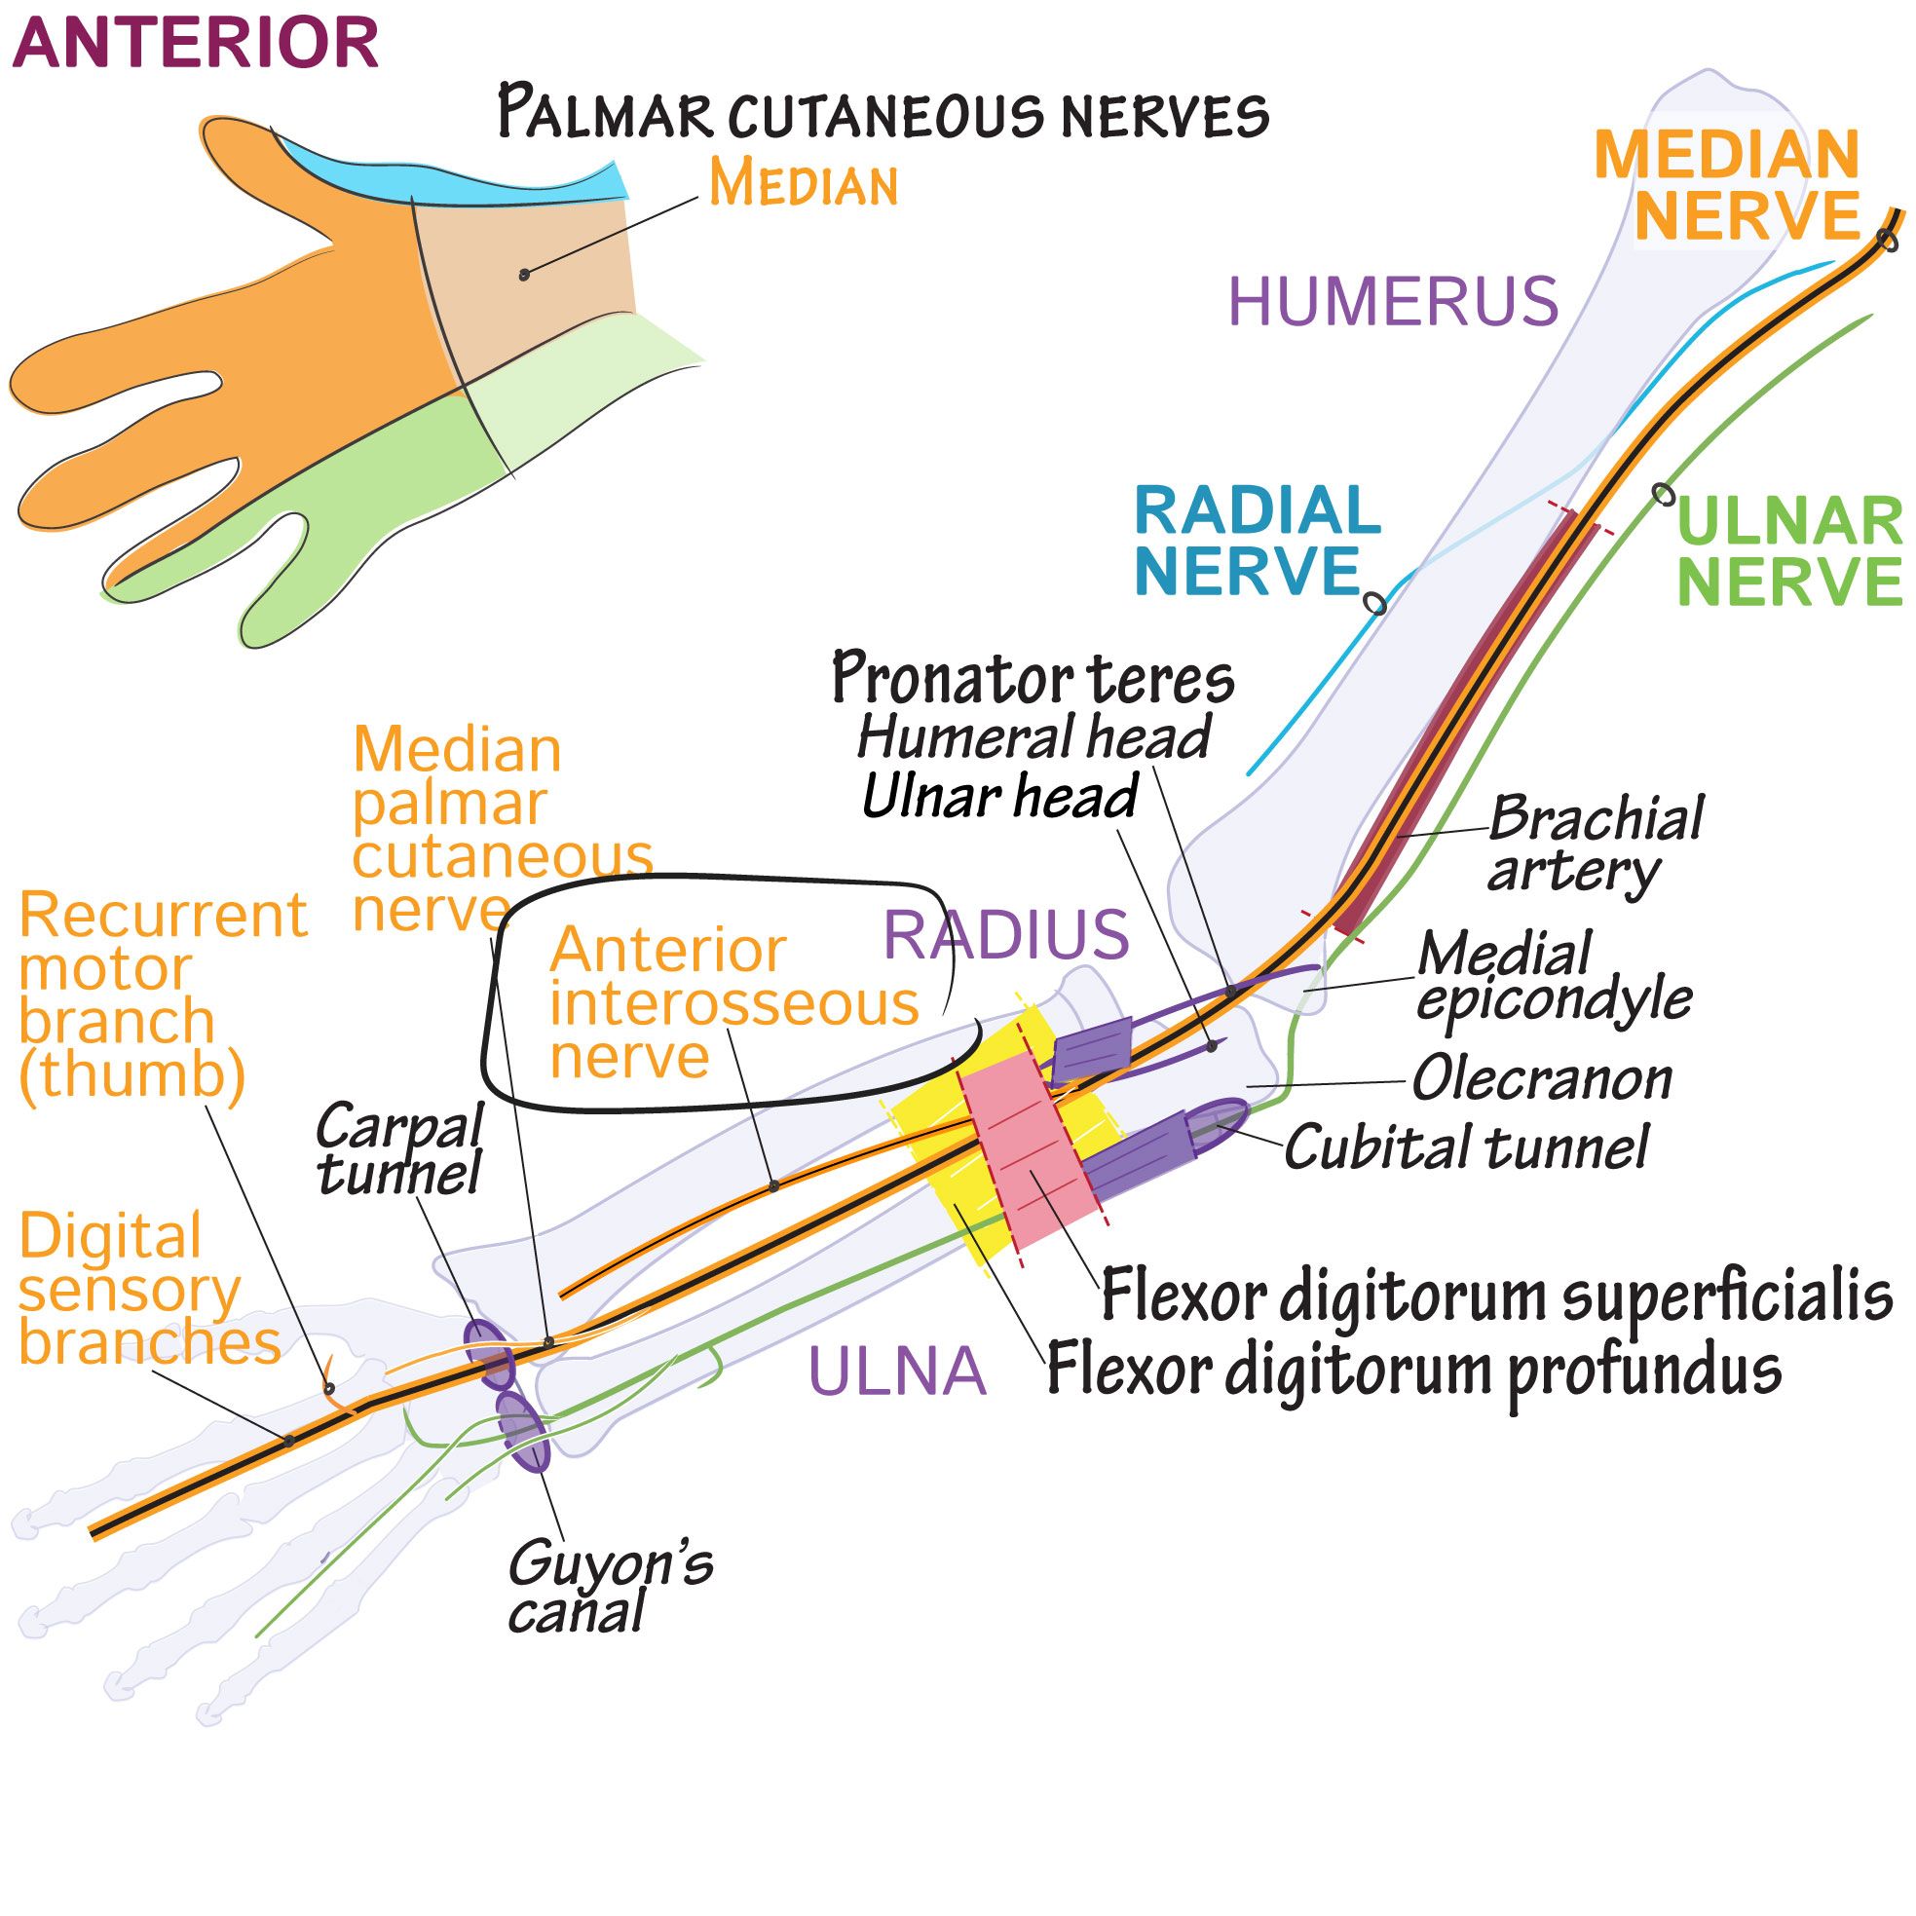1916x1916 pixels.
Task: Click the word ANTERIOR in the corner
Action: pos(196,44)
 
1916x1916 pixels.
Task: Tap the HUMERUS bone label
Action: pos(1392,302)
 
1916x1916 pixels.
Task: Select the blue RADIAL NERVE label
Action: pos(1257,541)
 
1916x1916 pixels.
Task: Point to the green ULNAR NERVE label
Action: pos(1789,551)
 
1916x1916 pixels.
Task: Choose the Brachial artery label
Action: pos(1594,843)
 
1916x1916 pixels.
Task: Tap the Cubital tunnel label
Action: pos(1466,1148)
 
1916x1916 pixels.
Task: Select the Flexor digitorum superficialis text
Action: pos(1496,1296)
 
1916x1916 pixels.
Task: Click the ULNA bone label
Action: pos(897,1372)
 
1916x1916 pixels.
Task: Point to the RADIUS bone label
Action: pos(1005,934)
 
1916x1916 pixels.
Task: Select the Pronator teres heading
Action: pos(1033,678)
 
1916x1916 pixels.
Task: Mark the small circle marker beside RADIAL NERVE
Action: pos(1374,602)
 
